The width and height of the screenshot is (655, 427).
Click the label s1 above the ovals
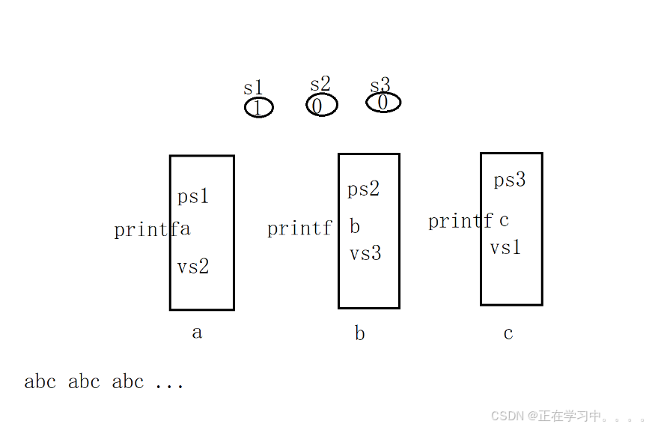pyautogui.click(x=254, y=88)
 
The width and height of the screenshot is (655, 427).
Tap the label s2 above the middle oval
pyautogui.click(x=320, y=85)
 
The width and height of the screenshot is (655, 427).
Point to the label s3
pyautogui.click(x=380, y=85)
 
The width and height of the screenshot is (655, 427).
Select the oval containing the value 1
pyautogui.click(x=259, y=108)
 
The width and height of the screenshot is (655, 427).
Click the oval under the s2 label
pyautogui.click(x=322, y=106)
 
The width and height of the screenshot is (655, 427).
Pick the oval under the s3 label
pyautogui.click(x=383, y=102)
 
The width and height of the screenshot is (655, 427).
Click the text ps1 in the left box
pyautogui.click(x=193, y=197)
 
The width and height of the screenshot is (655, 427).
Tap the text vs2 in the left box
pyautogui.click(x=193, y=267)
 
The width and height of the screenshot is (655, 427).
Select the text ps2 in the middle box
pyautogui.click(x=364, y=189)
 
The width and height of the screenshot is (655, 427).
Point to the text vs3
pyautogui.click(x=365, y=253)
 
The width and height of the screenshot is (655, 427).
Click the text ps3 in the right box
pyautogui.click(x=510, y=180)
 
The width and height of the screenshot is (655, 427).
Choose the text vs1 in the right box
pyautogui.click(x=505, y=247)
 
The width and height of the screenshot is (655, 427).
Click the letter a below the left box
pyautogui.click(x=197, y=332)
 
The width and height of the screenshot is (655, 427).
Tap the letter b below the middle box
pyautogui.click(x=360, y=333)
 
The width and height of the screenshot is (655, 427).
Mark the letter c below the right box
pyautogui.click(x=508, y=333)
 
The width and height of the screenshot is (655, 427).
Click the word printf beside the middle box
pyautogui.click(x=299, y=228)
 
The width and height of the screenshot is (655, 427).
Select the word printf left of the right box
pyautogui.click(x=460, y=221)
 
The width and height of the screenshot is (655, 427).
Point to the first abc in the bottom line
pyautogui.click(x=40, y=382)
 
